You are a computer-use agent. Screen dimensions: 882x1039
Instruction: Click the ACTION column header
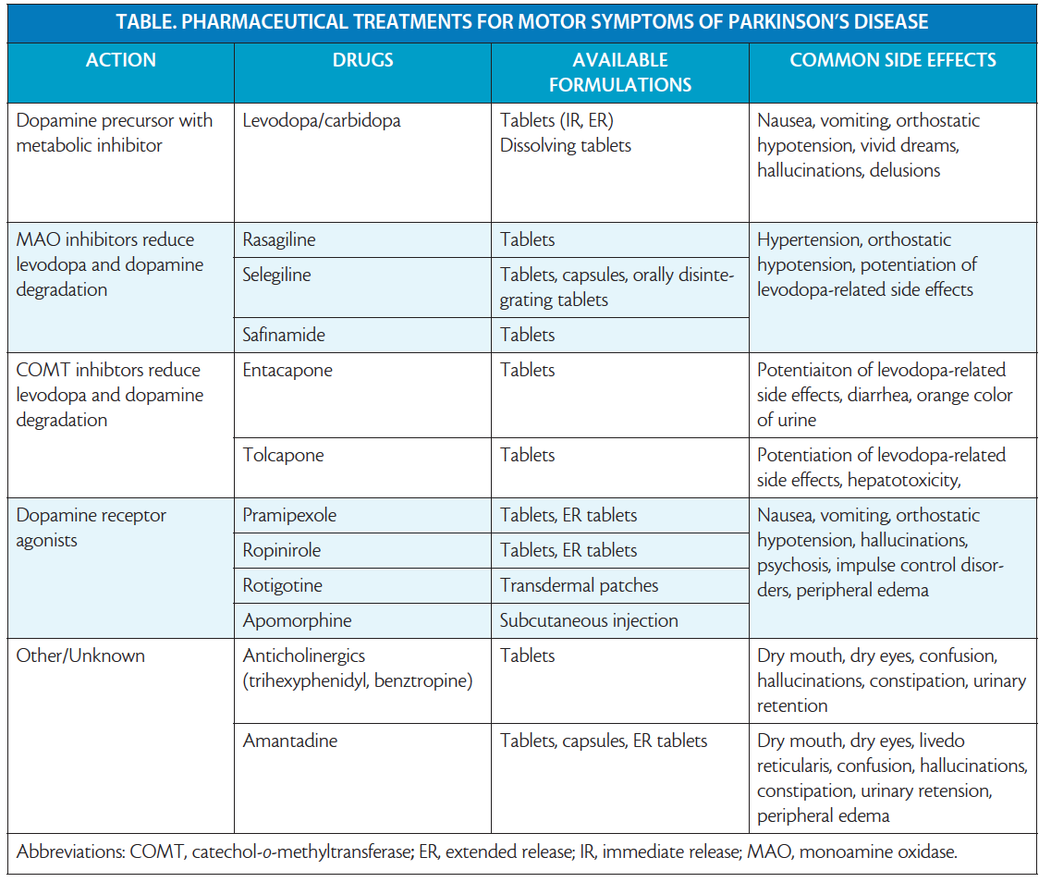tap(121, 60)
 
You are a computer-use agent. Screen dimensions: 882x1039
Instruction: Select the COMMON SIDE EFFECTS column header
tap(892, 60)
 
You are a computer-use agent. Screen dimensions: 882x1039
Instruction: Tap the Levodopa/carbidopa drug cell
tap(322, 120)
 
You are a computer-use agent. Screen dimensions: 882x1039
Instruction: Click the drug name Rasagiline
tap(279, 239)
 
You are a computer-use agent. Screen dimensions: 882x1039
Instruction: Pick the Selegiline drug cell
tap(277, 275)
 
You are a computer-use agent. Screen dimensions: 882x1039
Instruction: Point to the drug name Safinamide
tap(284, 335)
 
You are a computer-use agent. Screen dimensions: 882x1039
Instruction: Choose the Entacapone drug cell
tap(287, 370)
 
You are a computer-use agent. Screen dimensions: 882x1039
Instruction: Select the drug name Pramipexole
tap(290, 515)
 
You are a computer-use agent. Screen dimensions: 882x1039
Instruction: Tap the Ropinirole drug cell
tap(282, 550)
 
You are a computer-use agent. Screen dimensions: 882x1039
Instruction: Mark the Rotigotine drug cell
tap(283, 585)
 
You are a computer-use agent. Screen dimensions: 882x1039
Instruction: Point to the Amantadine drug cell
tap(290, 741)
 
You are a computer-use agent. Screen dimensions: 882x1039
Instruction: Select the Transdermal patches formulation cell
tap(580, 585)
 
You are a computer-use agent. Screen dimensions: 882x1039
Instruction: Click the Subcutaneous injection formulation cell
tap(589, 620)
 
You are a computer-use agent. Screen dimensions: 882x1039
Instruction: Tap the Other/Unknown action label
tap(80, 655)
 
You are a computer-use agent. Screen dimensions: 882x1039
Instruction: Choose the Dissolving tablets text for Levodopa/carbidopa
tap(567, 145)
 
